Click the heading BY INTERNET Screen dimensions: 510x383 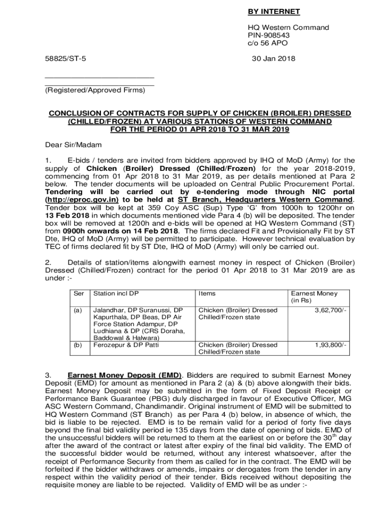[274, 11]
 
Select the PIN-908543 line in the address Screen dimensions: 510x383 [269, 35]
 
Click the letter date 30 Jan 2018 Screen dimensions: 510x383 [273, 59]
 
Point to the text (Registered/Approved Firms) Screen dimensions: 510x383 [95, 90]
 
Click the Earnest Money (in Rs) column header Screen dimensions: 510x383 [314, 297]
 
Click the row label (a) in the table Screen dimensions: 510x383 [78, 310]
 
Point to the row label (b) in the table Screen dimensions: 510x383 [78, 344]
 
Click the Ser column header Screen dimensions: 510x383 [79, 293]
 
